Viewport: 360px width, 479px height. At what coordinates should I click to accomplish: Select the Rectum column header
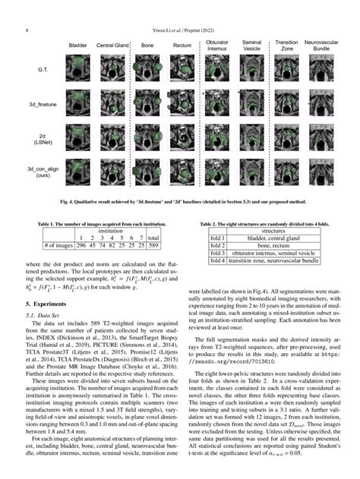click(182, 46)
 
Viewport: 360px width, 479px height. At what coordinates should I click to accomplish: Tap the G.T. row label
click(43, 71)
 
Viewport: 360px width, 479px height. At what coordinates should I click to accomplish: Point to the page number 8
click(27, 30)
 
